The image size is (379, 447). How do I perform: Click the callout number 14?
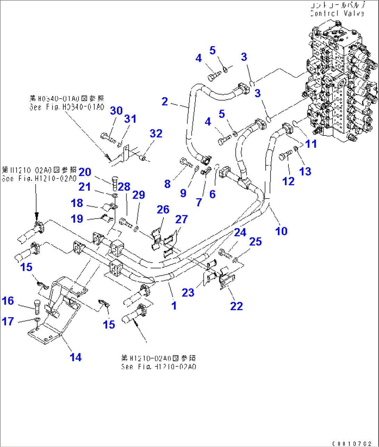[x=75, y=357]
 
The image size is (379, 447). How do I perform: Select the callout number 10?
[x=281, y=231]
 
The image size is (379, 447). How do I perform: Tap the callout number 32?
[x=156, y=133]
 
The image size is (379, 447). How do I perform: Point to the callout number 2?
[x=165, y=101]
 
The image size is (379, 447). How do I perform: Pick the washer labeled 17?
[x=37, y=320]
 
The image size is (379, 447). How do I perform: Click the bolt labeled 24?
[x=225, y=254]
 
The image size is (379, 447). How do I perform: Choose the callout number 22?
[x=236, y=306]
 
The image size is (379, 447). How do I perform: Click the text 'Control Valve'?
[x=337, y=14]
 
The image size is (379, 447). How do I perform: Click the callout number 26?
[x=163, y=209]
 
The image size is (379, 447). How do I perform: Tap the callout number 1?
[x=174, y=306]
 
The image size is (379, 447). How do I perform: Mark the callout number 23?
[x=188, y=292]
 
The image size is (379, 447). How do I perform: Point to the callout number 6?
[x=212, y=194]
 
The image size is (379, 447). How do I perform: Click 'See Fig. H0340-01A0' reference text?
[x=67, y=107]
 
